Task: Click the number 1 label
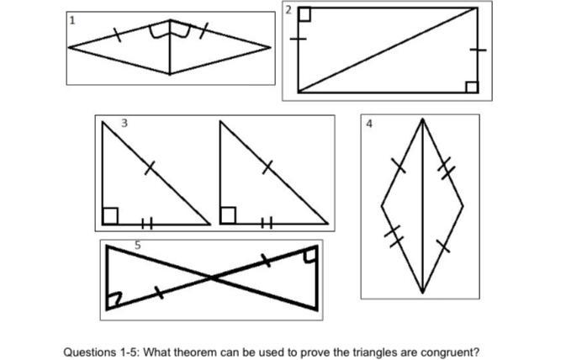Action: click(73, 20)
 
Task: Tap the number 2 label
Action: click(288, 9)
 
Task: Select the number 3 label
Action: click(124, 123)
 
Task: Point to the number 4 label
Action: click(369, 123)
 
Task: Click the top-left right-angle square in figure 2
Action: click(304, 13)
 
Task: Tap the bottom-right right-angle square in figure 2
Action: click(471, 87)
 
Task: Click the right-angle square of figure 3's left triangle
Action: click(110, 216)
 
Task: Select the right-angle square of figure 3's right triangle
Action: click(227, 216)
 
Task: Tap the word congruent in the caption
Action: click(452, 352)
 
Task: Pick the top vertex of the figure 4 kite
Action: click(422, 119)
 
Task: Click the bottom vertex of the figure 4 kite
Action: click(422, 292)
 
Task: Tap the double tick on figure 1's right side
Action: click(203, 33)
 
